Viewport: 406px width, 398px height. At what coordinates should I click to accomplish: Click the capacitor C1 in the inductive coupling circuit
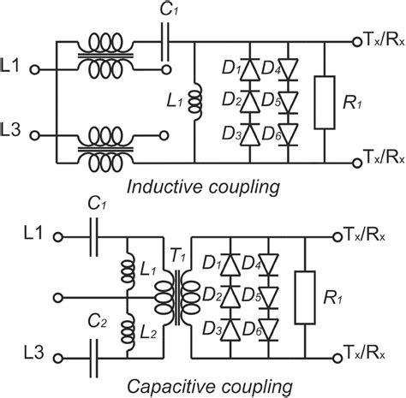click(165, 40)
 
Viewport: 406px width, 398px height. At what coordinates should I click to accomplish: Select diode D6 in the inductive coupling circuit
click(276, 134)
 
